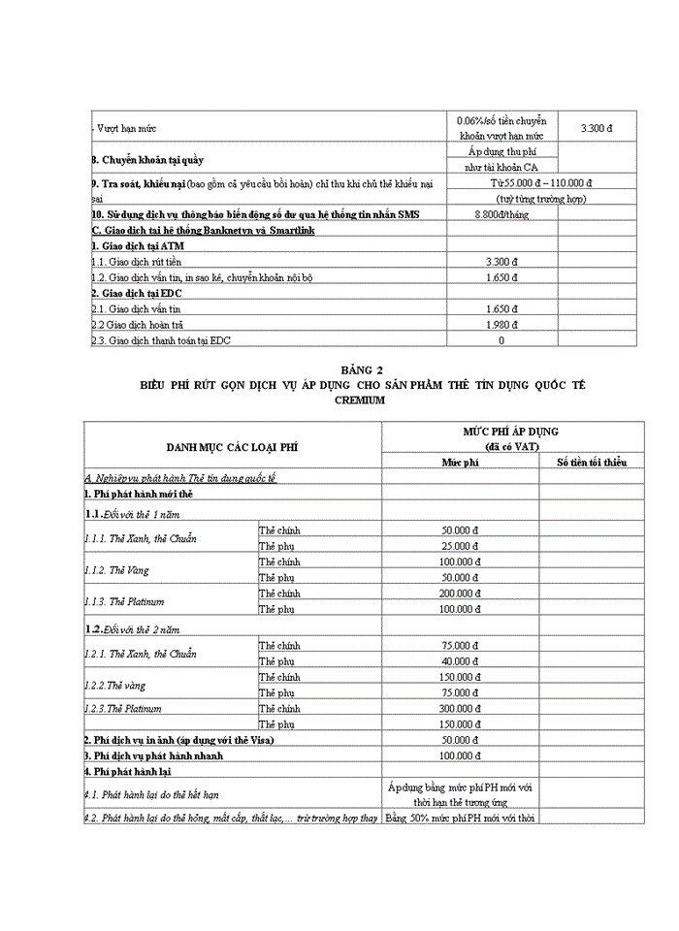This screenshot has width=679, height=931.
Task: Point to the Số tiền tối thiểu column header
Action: click(x=592, y=463)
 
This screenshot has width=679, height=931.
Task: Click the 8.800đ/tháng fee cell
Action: click(x=501, y=214)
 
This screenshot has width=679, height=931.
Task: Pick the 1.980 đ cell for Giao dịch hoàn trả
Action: click(x=501, y=325)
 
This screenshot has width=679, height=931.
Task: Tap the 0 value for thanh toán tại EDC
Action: click(x=501, y=340)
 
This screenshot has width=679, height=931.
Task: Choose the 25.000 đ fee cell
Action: click(x=461, y=547)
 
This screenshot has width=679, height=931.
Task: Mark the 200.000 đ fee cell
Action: click(x=461, y=593)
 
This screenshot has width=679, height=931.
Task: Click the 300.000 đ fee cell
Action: click(x=461, y=709)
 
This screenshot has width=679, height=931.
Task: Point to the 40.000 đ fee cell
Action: click(x=461, y=662)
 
